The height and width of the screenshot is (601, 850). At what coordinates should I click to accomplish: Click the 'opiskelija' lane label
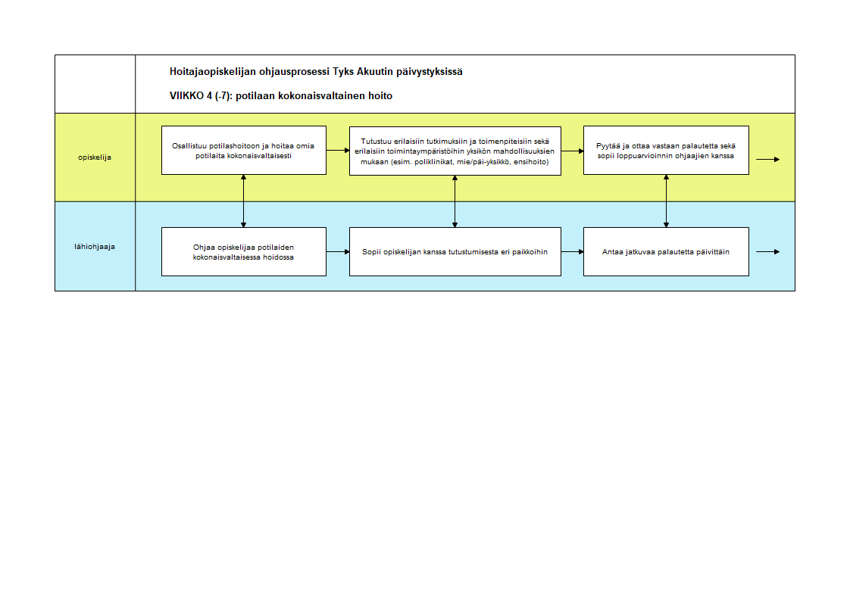click(95, 157)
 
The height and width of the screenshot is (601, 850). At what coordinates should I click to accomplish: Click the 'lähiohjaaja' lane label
click(95, 246)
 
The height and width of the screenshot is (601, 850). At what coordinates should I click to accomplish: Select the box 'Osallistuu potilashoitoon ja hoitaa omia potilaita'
click(244, 151)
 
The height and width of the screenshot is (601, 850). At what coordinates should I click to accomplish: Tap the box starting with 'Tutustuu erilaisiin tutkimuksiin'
click(455, 151)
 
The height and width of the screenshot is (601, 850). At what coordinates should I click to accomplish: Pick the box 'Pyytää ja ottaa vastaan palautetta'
click(666, 151)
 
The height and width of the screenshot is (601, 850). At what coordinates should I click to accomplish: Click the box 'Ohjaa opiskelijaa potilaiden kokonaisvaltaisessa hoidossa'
click(244, 252)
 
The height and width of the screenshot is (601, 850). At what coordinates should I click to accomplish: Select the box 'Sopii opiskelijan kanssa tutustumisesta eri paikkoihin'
click(455, 252)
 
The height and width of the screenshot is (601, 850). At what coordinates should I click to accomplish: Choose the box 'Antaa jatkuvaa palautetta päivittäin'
click(666, 252)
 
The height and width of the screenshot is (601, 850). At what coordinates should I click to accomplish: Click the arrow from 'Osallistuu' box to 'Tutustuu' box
click(339, 151)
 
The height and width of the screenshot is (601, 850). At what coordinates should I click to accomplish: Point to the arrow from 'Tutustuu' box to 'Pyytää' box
click(573, 151)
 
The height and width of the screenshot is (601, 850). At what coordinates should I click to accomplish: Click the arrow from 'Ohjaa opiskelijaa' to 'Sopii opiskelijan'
click(339, 252)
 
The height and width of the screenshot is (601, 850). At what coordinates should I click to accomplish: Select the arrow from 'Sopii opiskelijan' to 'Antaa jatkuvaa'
click(573, 252)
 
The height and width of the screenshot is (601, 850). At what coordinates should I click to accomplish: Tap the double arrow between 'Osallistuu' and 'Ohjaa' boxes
click(243, 201)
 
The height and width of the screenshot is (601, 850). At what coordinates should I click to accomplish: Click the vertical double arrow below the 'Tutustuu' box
click(455, 201)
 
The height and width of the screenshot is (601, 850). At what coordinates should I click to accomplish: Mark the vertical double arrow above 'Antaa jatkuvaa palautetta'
click(666, 201)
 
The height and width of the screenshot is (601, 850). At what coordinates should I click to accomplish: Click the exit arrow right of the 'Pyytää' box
click(768, 160)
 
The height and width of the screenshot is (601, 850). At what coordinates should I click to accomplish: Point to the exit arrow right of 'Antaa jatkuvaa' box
click(768, 252)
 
